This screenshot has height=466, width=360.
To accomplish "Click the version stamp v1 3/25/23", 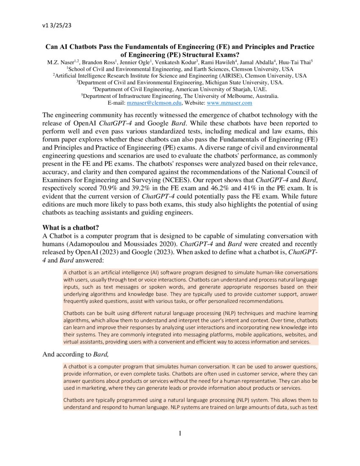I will [x=57, y=25].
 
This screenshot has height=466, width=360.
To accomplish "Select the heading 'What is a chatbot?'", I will [x=71, y=227].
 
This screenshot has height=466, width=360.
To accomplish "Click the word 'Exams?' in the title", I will [x=227, y=55].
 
